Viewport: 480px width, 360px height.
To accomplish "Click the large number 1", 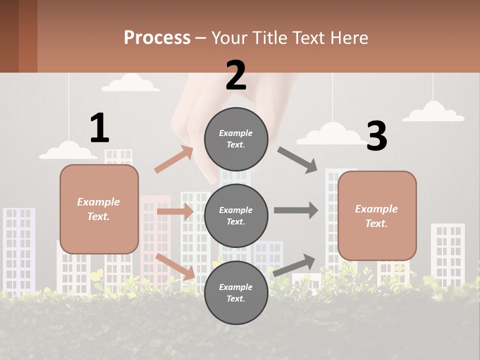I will [x=99, y=128].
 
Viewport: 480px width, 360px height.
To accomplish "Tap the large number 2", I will [x=236, y=75].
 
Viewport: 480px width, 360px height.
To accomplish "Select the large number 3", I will [x=377, y=136].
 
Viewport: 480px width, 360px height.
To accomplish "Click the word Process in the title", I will [x=157, y=37].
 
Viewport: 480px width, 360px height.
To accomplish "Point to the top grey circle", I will [x=236, y=139].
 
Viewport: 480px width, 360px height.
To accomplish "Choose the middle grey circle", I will [x=236, y=215].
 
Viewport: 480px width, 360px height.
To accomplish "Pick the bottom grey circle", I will [x=236, y=292].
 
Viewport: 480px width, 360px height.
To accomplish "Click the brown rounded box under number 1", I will [x=99, y=209].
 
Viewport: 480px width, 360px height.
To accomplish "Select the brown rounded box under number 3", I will [x=377, y=215].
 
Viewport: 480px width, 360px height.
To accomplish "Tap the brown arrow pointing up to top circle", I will [x=174, y=159].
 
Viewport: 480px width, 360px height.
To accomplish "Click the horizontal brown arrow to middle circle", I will [x=175, y=211].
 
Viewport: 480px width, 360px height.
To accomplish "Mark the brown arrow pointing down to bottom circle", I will [x=175, y=266].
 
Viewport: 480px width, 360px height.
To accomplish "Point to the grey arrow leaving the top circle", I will [x=297, y=159].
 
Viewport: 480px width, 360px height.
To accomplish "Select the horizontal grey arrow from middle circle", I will [x=295, y=210].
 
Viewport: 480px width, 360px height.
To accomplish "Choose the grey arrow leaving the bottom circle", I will [x=294, y=265].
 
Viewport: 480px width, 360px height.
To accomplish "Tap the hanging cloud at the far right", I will [x=433, y=112].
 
